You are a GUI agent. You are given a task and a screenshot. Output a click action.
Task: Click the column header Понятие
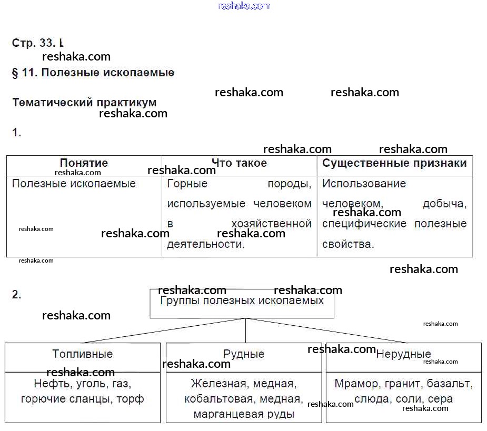point(84,163)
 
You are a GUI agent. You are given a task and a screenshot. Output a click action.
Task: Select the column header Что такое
point(239,163)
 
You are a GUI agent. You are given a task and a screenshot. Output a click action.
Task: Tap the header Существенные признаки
point(394,163)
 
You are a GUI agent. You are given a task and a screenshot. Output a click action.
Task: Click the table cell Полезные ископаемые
point(74,184)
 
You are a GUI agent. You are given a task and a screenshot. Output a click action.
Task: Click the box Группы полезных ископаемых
point(242,302)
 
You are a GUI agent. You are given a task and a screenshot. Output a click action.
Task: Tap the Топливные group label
point(83,354)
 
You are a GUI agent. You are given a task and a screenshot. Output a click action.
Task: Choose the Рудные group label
point(244,354)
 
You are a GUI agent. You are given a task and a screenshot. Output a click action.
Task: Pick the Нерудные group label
point(403,354)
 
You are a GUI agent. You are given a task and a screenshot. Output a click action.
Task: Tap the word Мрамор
point(356,384)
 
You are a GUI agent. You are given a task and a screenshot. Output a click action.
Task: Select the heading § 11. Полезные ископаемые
point(93,73)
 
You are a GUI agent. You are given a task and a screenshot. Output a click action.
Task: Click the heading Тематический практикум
point(84,103)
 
